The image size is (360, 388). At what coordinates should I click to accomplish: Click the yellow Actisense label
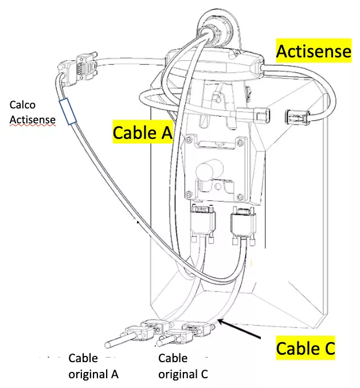coord(313,52)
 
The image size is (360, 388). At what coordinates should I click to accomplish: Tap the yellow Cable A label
coord(142,133)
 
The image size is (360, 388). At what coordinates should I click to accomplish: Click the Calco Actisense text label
coord(33,112)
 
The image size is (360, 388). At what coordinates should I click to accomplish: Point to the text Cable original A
coord(93,366)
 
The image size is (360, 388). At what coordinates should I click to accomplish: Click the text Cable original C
coord(183,366)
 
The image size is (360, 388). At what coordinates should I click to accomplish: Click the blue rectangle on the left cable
coord(67,111)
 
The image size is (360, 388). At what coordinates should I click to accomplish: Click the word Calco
coord(23,105)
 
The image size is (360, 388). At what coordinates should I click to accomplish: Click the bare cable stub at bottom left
coord(115,343)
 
